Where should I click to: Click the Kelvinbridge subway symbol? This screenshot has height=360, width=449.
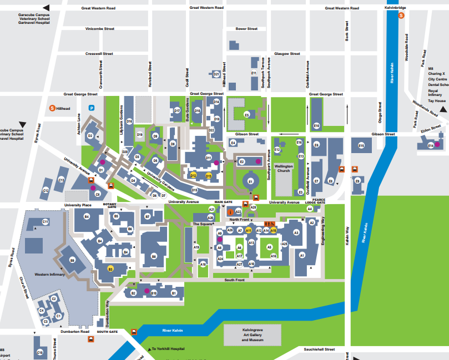point(401,16)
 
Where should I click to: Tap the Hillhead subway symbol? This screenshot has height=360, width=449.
point(52,108)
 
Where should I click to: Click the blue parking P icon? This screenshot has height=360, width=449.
point(92,108)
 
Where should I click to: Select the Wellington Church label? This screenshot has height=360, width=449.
point(284,168)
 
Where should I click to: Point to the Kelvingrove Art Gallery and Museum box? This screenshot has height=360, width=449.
point(253,336)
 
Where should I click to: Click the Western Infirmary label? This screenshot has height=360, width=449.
point(50,275)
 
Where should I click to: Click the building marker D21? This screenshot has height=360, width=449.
point(216,74)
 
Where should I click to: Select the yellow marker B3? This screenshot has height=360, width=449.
point(110,268)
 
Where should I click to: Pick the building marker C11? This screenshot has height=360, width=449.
point(46,222)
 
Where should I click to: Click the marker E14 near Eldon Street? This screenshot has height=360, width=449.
point(430,145)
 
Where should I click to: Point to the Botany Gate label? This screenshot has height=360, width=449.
point(110,205)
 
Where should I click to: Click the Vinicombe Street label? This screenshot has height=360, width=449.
point(99,28)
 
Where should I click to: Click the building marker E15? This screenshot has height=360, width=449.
point(361,145)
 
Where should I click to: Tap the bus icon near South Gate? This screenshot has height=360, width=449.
point(134,332)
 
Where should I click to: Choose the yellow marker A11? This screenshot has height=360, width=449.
point(249,230)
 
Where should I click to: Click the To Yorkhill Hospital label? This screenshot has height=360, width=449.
point(168,349)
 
